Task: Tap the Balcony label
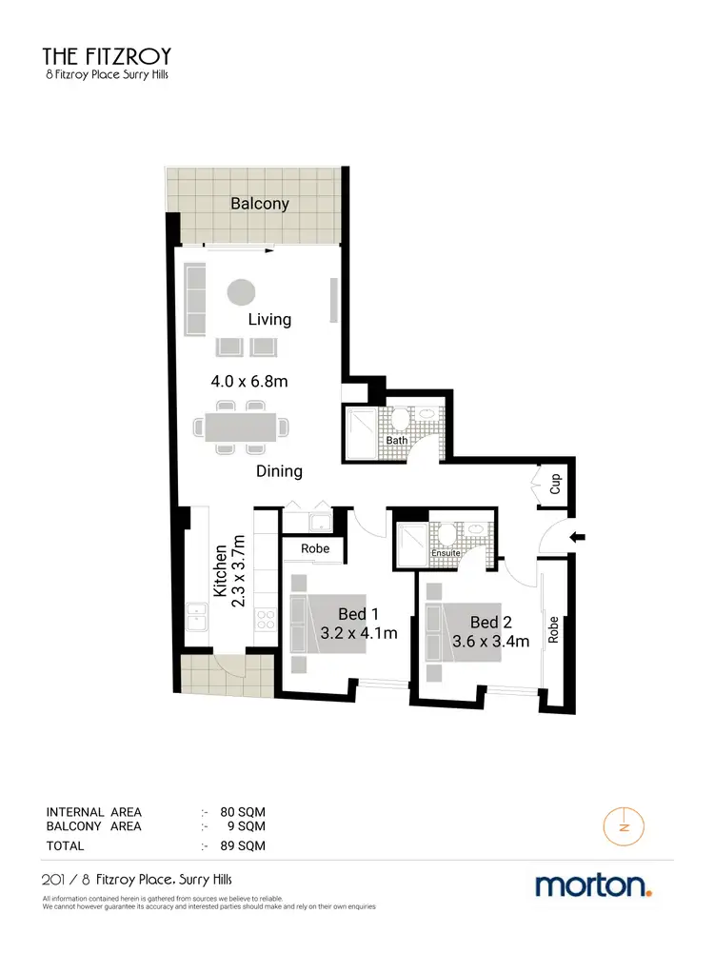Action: pos(260,204)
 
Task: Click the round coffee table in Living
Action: pos(241,291)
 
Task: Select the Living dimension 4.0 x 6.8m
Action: pos(249,382)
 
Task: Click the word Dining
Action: pos(279,470)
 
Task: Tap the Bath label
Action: pos(397,441)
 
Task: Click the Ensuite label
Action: pos(446,553)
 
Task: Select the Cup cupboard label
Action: pos(556,483)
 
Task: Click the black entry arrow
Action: pos(578,538)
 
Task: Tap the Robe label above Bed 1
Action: pos(315,549)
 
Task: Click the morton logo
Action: pos(593,885)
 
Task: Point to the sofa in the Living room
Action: pos(196,300)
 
